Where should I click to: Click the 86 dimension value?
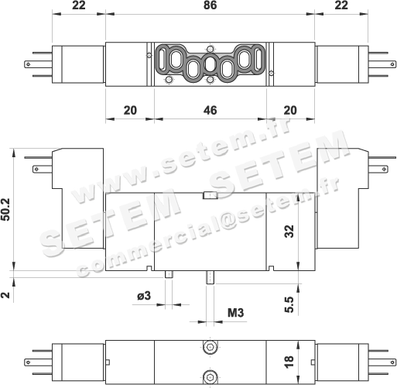point(210,5)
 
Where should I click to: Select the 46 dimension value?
point(210,111)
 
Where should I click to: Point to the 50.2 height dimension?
point(5,209)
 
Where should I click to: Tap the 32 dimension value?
point(289,231)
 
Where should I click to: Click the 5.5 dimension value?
point(289,304)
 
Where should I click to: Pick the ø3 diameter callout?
point(144,296)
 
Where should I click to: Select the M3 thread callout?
point(235,313)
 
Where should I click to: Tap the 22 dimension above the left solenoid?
point(78,5)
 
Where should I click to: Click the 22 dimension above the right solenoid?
point(341,5)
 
